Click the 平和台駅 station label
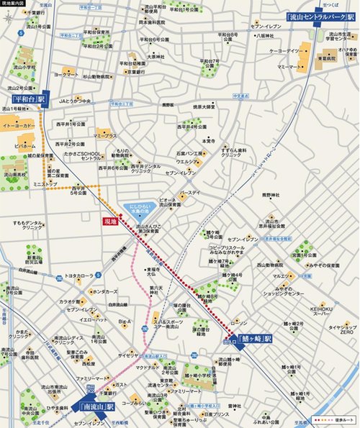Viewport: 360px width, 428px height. click(30, 100)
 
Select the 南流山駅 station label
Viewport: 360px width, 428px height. click(95, 406)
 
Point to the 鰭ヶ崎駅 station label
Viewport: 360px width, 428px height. click(256, 339)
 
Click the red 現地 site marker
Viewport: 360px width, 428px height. click(110, 222)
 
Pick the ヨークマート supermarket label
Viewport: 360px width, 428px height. click(66, 74)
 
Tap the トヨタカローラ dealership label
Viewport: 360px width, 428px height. click(80, 276)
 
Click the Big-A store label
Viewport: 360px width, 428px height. click(125, 321)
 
